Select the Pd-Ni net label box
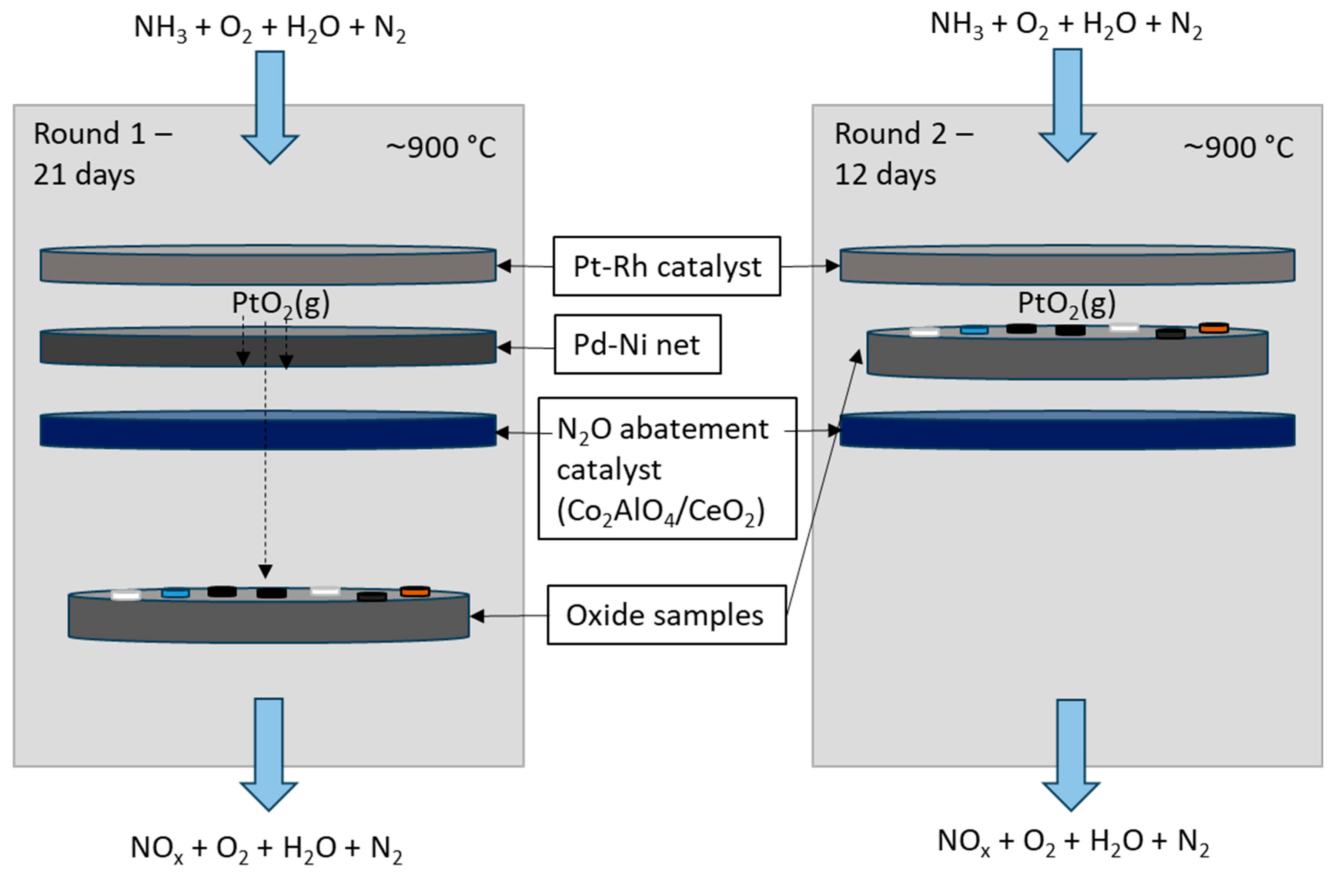pyautogui.click(x=637, y=344)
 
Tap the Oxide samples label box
pyautogui.click(x=666, y=615)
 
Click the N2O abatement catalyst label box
pyautogui.click(x=667, y=469)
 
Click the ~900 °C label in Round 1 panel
pyautogui.click(x=441, y=147)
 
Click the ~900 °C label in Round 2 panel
pyautogui.click(x=1238, y=147)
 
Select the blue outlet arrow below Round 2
pyautogui.click(x=1070, y=753)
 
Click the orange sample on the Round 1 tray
pyautogui.click(x=415, y=591)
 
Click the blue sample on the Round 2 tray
pyautogui.click(x=974, y=330)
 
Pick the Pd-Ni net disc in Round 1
pyautogui.click(x=268, y=347)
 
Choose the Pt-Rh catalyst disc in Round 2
pyautogui.click(x=1067, y=265)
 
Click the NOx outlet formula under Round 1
pyautogui.click(x=267, y=848)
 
